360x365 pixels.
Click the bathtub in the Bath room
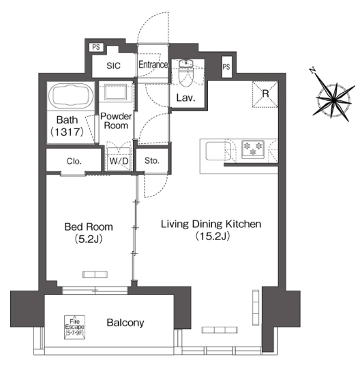[71, 96]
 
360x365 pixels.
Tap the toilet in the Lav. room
[185, 72]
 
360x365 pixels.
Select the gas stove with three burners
[253, 149]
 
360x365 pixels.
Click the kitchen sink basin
[218, 151]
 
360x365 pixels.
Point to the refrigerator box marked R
[265, 94]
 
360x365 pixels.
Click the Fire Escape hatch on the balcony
[74, 327]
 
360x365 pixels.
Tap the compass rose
[333, 100]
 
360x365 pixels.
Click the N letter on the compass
[313, 70]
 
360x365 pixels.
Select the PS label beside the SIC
[96, 47]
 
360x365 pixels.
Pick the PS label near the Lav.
[226, 67]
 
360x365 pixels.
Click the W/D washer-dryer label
[119, 161]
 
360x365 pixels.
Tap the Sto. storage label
[152, 160]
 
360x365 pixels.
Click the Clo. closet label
[74, 161]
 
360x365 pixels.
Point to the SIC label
[114, 66]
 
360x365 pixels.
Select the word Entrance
[153, 65]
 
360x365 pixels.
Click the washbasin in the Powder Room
[116, 92]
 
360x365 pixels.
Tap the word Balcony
[125, 323]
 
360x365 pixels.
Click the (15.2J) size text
[213, 236]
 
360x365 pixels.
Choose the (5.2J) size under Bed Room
[89, 239]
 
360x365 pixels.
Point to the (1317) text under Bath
[67, 132]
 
